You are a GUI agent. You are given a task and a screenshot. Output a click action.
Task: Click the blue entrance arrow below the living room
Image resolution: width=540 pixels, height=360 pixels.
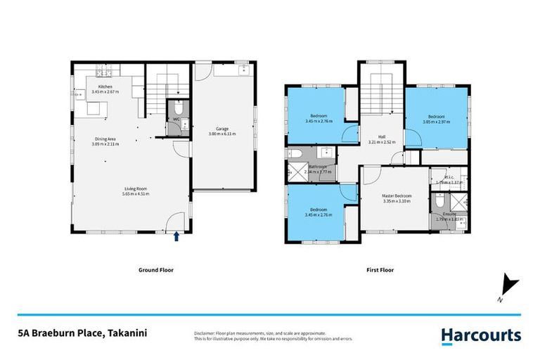coord(176,237)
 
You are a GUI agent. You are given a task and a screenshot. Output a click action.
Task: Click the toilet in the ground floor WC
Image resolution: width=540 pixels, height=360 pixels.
coord(178,110)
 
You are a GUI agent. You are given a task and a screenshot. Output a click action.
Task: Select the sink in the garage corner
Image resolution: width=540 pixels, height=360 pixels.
coord(243,69)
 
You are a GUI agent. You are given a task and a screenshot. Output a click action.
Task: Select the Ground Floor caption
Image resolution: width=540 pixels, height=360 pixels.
coord(157,270)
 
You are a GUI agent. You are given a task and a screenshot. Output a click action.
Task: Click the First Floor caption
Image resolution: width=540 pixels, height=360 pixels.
coord(380,270)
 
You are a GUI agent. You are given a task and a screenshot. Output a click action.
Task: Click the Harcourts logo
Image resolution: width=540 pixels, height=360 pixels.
coord(481,336)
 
